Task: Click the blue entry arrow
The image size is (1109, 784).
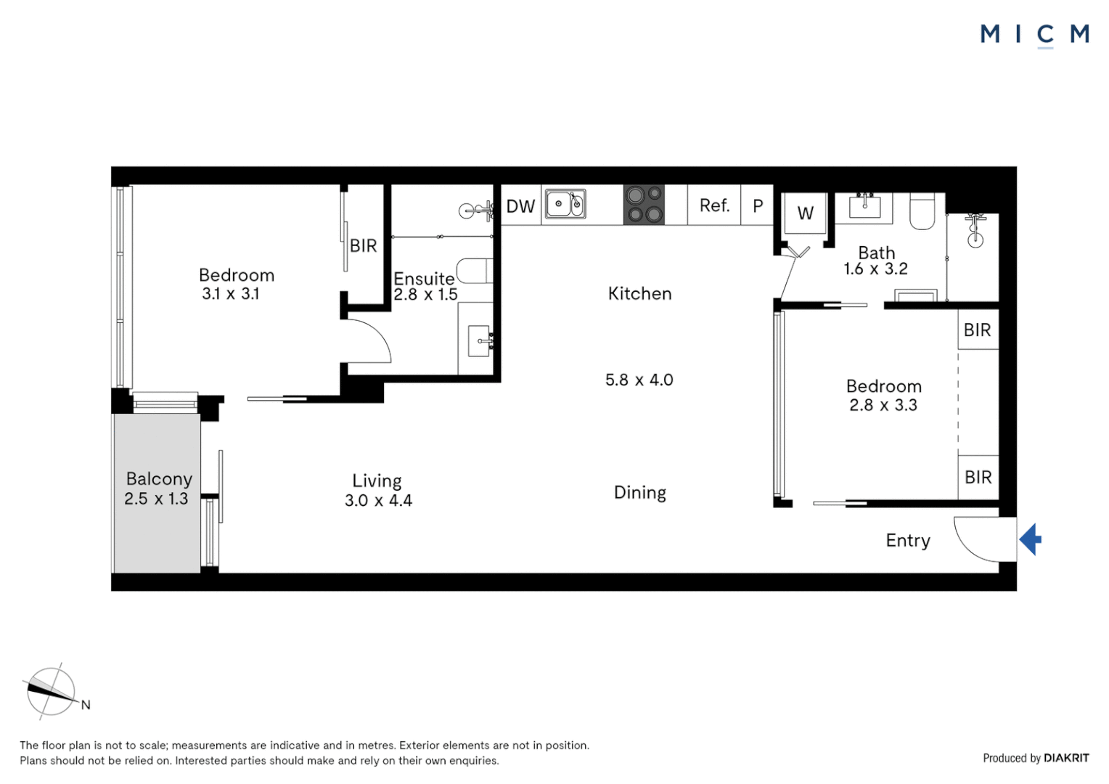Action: coord(1030,539)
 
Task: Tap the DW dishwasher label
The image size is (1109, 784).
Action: coord(521,206)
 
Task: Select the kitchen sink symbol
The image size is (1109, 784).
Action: coord(565,203)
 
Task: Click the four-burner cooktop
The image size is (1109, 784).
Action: coord(644,205)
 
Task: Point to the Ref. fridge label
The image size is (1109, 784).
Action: coord(714,205)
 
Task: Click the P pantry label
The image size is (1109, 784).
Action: coord(758,206)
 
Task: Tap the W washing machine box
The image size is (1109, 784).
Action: coord(805,213)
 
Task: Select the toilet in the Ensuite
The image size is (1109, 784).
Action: coord(474,271)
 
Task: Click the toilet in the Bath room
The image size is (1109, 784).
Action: coord(922,211)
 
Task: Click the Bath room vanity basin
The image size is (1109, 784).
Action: coord(864,205)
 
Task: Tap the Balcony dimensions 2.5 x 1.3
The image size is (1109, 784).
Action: coord(156,499)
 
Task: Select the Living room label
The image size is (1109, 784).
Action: coord(377,481)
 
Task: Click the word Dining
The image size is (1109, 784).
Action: coord(639,493)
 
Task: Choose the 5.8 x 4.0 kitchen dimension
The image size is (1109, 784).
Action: coord(639,380)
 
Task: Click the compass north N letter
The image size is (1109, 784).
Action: coord(86,705)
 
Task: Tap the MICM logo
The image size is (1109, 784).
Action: coord(1035,35)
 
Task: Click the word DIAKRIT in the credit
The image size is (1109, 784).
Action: coord(1066,758)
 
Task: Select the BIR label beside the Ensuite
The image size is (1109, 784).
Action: coord(364,245)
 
